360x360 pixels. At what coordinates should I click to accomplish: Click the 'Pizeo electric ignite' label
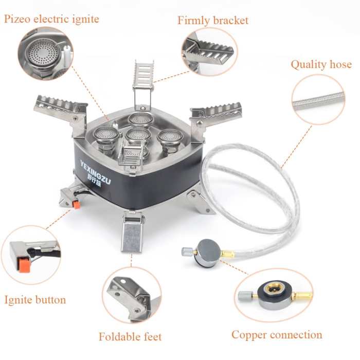coord(51,20)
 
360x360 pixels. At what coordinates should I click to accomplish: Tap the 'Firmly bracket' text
coord(213,21)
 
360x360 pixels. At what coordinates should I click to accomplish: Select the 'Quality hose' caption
coord(321,65)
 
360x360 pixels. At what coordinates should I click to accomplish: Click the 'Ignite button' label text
coord(35,299)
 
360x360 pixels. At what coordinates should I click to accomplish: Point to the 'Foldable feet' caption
coord(130,337)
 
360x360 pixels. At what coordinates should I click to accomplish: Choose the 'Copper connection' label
coord(277,335)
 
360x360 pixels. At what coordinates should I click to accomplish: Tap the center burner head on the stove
coord(138,135)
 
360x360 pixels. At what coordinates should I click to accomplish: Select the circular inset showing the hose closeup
coord(318,100)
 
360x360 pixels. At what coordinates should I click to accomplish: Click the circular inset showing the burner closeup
coord(45,53)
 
